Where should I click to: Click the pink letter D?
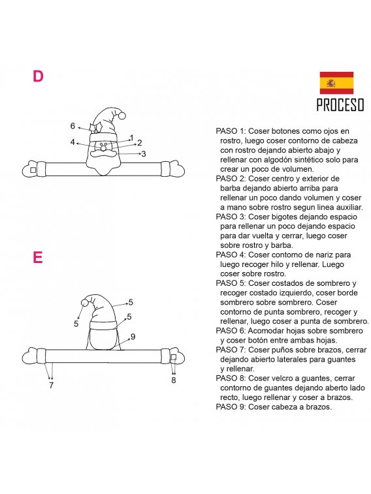click(38, 76)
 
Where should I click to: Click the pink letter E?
click(37, 257)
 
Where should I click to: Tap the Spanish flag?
click(336, 83)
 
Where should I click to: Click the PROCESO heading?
click(340, 105)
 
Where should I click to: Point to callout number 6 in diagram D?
click(73, 126)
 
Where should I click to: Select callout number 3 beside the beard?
click(144, 154)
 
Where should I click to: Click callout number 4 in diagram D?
click(73, 142)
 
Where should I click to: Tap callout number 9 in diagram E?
click(133, 337)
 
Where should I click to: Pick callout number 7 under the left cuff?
click(52, 385)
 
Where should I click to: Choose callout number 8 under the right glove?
click(173, 380)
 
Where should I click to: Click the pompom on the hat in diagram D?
click(121, 116)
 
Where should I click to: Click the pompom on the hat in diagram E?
click(85, 303)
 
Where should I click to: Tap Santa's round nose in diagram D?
click(103, 147)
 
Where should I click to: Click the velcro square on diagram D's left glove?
click(33, 170)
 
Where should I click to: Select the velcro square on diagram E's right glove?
click(173, 357)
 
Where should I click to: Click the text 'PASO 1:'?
click(231, 131)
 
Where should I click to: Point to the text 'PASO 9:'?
click(231, 407)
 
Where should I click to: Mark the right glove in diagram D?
click(172, 168)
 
